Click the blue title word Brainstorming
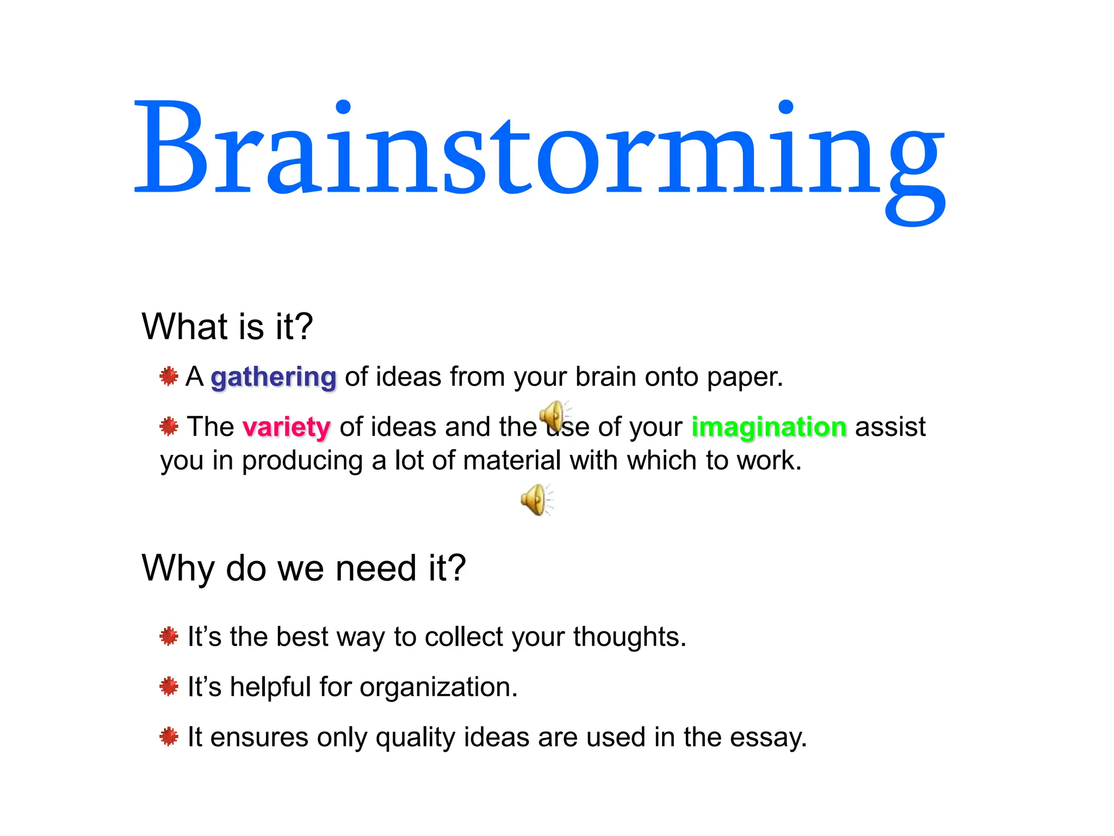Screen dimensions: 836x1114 540,150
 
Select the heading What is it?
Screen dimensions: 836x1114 227,327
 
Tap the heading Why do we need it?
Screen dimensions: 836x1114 304,568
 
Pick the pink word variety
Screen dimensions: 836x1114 287,427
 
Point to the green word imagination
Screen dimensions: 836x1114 769,427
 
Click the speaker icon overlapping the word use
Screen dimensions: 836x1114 554,417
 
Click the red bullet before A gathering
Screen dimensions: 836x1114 169,376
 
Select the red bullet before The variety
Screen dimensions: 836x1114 169,426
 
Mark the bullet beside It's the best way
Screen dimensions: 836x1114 169,636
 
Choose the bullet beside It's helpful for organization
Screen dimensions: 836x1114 169,686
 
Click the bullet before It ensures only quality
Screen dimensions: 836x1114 169,736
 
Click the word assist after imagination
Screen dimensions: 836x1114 890,427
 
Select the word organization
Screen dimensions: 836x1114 438,687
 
